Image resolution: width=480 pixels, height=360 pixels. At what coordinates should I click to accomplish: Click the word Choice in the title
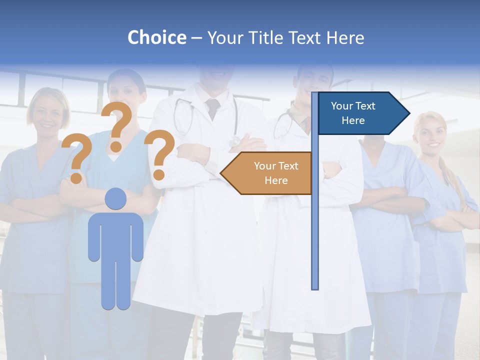coord(156,37)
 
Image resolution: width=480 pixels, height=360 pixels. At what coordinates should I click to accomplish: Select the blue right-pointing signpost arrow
coord(360,113)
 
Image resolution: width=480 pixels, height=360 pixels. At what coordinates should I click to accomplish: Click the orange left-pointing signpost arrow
coord(270,173)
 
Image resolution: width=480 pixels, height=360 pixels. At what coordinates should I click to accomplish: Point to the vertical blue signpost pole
coord(314,225)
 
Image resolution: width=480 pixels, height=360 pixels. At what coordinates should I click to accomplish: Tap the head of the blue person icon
coord(115,199)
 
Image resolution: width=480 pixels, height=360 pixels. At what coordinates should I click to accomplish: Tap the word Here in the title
coord(345,37)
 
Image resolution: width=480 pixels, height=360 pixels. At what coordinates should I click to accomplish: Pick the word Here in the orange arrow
coord(276,180)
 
